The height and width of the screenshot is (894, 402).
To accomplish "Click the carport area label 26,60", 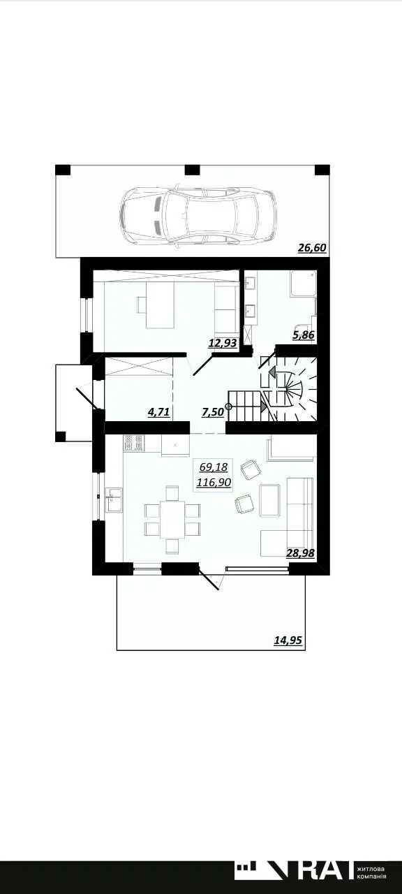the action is point(312,248).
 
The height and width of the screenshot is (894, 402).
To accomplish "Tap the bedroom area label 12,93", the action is point(223,342).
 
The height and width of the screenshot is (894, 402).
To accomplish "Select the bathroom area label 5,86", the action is point(304,335).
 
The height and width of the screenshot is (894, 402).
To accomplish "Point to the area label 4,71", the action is point(159,412).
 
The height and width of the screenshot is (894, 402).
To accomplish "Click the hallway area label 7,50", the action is point(213,412).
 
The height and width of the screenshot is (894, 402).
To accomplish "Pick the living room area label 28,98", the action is point(301,552).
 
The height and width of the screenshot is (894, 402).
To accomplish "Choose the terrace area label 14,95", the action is point(288,640).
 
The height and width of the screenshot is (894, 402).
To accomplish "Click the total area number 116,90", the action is point(214,482).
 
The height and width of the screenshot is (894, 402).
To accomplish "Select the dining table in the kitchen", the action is point(172,519).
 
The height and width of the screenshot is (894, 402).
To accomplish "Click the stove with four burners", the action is point(133,443).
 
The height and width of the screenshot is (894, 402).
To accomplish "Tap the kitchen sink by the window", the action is point(114,500).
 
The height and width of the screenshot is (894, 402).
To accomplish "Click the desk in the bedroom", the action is point(160,305).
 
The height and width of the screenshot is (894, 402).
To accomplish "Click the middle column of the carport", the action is point(192,170).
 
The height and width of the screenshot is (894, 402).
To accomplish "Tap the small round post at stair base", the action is point(228,407).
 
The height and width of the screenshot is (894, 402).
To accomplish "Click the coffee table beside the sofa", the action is point(270,500).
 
